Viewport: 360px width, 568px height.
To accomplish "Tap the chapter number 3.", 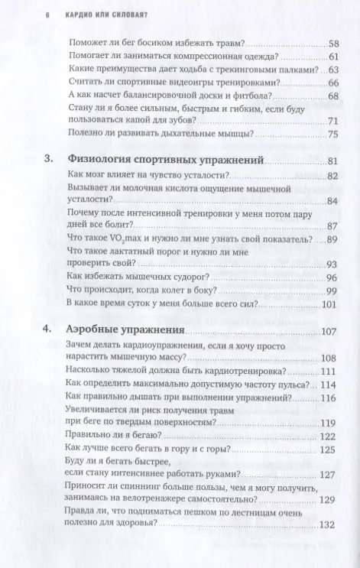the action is pyautogui.click(x=48, y=160).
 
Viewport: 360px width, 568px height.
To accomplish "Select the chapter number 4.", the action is pyautogui.click(x=48, y=331).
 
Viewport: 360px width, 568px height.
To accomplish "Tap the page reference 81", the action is pyautogui.click(x=332, y=161).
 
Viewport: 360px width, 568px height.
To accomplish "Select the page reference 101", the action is pyautogui.click(x=329, y=303).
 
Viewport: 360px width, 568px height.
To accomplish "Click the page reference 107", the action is pyautogui.click(x=329, y=331).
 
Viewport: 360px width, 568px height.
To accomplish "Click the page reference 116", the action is pyautogui.click(x=329, y=398).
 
